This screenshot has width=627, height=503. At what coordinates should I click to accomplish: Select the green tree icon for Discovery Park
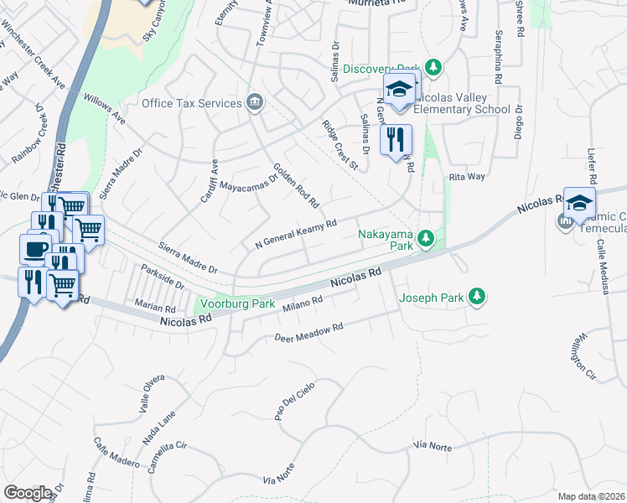click(x=433, y=67)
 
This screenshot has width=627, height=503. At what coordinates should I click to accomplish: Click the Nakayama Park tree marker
click(x=426, y=240)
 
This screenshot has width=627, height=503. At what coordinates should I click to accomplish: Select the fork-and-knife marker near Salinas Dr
click(x=396, y=140)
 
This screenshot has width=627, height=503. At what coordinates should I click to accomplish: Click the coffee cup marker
click(x=35, y=248)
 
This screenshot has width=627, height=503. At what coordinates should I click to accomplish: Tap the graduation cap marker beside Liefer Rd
click(x=579, y=204)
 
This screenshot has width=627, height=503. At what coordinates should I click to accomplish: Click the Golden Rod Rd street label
click(x=294, y=185)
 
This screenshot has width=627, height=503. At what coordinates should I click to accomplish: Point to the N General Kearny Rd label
click(x=296, y=235)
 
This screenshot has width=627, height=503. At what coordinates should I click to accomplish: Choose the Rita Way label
click(x=467, y=177)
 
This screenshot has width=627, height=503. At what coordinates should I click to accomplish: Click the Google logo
click(x=28, y=493)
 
